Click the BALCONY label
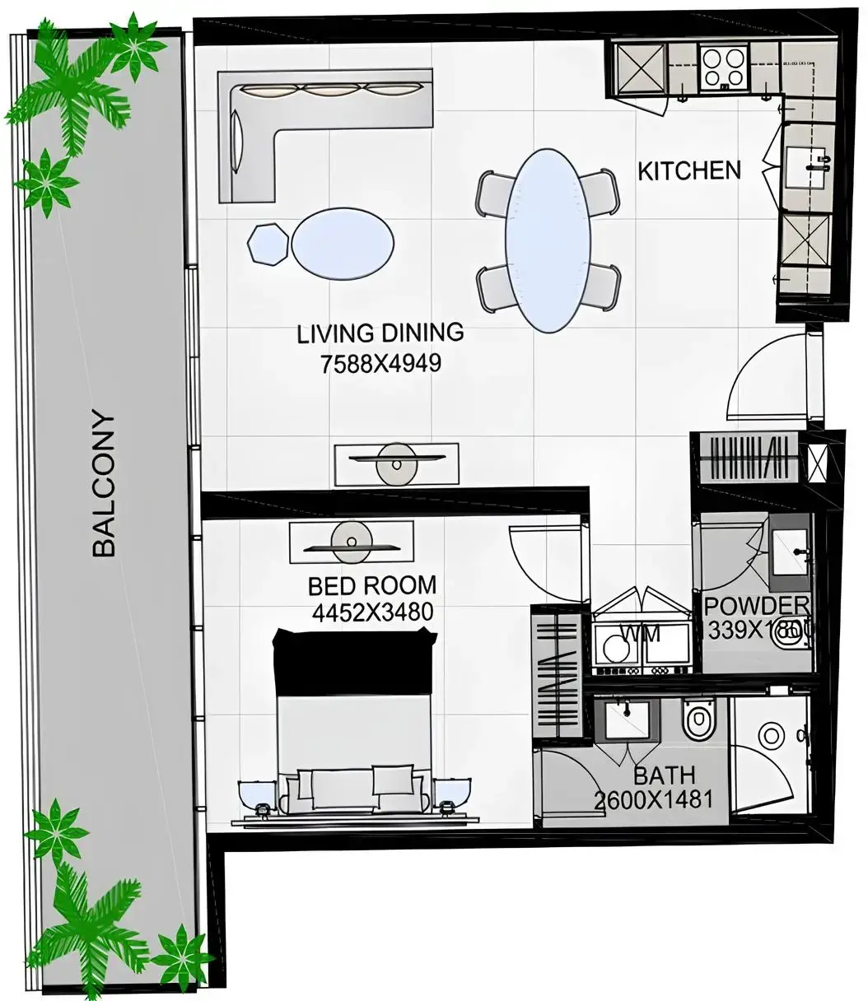point(104,483)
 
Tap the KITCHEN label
point(689,171)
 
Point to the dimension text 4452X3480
point(372,612)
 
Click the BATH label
point(664,775)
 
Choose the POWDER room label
point(756,607)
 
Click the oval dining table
point(547,240)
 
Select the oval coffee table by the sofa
point(343,244)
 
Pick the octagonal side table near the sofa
point(268,244)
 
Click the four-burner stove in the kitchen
point(722,68)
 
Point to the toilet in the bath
point(698,721)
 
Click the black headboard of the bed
point(354,662)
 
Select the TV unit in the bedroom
point(352,543)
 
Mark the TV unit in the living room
point(396,464)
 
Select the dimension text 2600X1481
point(652,798)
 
